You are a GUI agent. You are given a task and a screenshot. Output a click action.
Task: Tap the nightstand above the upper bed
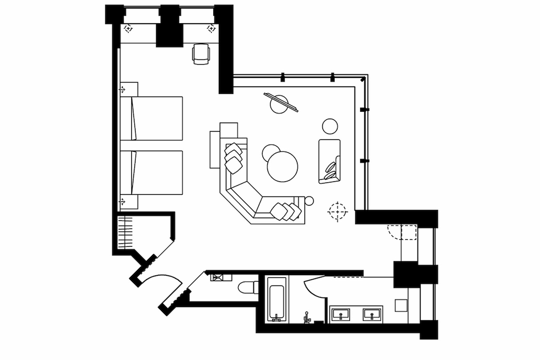[129, 89]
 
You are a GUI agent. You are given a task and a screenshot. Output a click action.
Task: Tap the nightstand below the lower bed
[129, 201]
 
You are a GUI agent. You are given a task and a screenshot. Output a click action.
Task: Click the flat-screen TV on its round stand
[280, 103]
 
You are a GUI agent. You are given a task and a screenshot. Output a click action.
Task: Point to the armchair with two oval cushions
[329, 161]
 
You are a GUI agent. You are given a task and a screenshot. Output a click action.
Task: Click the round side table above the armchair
[330, 126]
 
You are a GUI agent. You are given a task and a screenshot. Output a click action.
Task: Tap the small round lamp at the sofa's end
[309, 201]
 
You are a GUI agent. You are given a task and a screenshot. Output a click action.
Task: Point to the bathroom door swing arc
[312, 289]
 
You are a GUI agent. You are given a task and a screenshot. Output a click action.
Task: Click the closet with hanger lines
[125, 230]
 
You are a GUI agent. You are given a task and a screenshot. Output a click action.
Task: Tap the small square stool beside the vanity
[402, 305]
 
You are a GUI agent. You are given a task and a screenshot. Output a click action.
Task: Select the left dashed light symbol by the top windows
[128, 28]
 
